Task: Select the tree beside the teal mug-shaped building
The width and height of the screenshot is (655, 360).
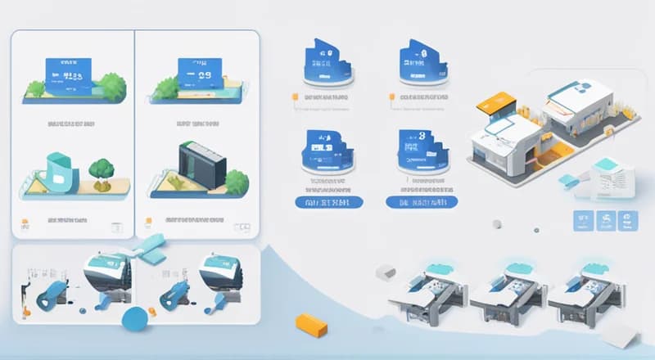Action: pos(102,169)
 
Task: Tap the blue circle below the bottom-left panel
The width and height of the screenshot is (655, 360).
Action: pos(133,319)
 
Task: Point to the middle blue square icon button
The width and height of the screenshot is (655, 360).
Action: pos(606,220)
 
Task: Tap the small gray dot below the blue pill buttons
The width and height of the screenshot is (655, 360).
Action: pos(496,224)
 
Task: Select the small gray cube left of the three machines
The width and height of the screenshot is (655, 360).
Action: pos(385,272)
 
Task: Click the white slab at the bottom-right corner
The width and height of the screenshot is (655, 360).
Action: pos(618,334)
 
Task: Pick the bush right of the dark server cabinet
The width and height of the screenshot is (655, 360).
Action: pos(237,181)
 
